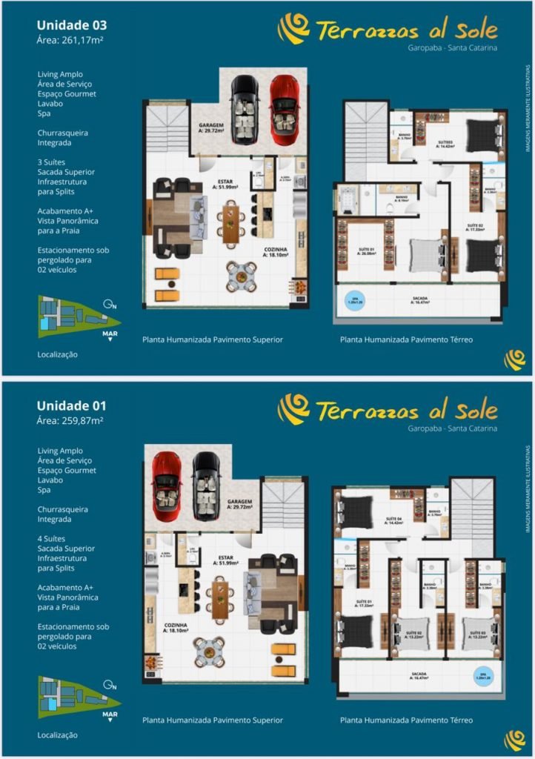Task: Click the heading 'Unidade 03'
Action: (x=72, y=25)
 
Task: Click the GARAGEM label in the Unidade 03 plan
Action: (x=210, y=127)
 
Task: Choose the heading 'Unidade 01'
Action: (x=71, y=405)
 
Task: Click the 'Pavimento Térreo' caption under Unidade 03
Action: (x=406, y=340)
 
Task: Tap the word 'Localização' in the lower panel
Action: (x=57, y=735)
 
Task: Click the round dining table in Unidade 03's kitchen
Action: (x=242, y=276)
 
